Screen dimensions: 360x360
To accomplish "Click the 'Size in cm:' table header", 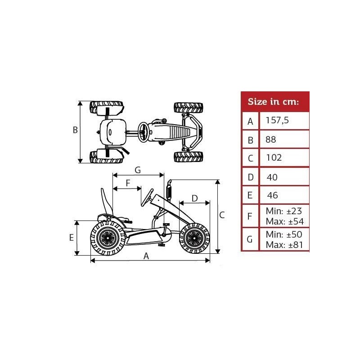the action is tap(273, 102).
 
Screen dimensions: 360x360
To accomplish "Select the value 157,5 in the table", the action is tap(277, 120).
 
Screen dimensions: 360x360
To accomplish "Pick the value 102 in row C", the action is tap(274, 158).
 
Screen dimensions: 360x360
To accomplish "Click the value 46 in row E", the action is tap(273, 195).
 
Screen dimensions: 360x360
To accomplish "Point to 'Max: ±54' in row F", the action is tap(285, 221).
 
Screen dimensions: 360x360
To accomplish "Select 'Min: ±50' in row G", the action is tap(284, 234).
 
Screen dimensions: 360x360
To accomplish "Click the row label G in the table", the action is tap(250, 239).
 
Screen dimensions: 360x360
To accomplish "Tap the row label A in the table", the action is tap(250, 121).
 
